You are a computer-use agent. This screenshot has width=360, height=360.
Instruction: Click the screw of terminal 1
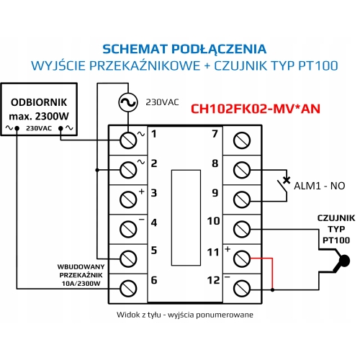pyautogui.click(x=128, y=137)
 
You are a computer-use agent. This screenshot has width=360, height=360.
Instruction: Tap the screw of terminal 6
pyautogui.click(x=128, y=288)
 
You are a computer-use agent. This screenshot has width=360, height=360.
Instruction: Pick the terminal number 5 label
pyautogui.click(x=153, y=250)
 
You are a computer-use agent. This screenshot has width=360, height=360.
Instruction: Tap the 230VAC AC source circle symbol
pyautogui.click(x=128, y=103)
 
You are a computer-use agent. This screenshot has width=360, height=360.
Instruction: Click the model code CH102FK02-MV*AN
pyautogui.click(x=255, y=110)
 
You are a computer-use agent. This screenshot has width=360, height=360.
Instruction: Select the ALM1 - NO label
pyautogui.click(x=318, y=185)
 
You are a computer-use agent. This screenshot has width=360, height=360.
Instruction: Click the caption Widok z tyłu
pyautogui.click(x=140, y=315)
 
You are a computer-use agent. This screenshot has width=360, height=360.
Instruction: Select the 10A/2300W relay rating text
pyautogui.click(x=81, y=282)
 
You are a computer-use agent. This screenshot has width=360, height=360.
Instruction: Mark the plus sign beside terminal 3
pyautogui.click(x=142, y=191)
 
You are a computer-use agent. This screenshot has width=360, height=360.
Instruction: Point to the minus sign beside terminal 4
pyautogui.click(x=142, y=220)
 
